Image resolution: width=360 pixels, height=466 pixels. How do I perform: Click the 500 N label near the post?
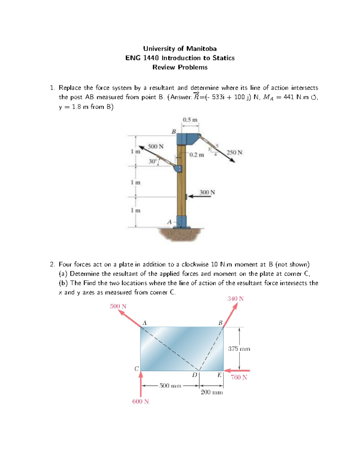[x=155, y=146]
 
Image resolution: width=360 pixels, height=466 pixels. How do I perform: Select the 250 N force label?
[x=234, y=152]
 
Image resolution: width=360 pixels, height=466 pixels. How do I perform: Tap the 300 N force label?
[x=207, y=192]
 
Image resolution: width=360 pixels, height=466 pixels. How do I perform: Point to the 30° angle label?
[x=152, y=161]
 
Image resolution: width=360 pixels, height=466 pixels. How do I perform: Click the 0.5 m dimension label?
[x=190, y=120]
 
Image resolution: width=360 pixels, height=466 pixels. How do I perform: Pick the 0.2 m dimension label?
[x=196, y=155]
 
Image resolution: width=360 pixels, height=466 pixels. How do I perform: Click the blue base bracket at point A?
[x=181, y=222]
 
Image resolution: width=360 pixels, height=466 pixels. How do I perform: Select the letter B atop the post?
[x=174, y=131]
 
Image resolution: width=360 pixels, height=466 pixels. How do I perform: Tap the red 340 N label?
[x=235, y=299]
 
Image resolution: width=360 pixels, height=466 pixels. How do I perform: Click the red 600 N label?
[x=140, y=401]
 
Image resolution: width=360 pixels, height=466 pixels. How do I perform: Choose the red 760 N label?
[x=239, y=377]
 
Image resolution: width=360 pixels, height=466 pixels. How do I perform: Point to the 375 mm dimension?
[x=239, y=349]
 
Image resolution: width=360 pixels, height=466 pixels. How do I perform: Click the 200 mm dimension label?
[x=211, y=392]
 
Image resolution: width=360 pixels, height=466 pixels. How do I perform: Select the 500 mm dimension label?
[x=170, y=386]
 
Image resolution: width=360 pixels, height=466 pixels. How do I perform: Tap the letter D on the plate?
[x=195, y=375]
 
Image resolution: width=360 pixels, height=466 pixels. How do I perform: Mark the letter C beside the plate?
[x=136, y=369]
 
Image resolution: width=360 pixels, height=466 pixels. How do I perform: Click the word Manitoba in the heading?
[x=201, y=49]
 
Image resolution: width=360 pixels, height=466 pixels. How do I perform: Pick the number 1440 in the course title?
[x=151, y=58]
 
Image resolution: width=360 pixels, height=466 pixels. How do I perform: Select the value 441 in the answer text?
[x=289, y=97]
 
